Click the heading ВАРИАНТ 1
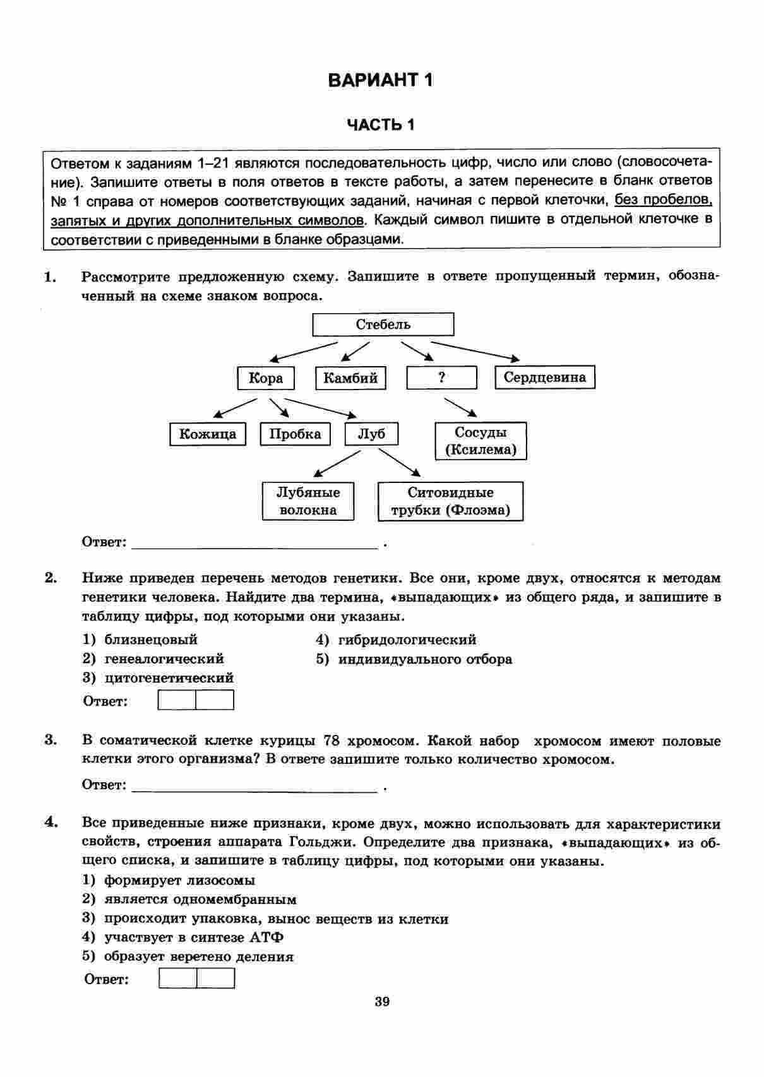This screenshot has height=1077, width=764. coord(381,80)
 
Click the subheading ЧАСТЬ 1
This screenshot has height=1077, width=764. coord(381,124)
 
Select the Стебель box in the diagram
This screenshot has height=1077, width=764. coord(383,324)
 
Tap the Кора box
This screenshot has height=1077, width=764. coord(266,378)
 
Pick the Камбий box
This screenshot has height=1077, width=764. coord(350,378)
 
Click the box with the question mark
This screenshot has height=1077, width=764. coord(441,378)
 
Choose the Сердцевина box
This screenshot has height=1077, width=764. coord(545,378)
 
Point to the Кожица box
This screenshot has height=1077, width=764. coord(208,434)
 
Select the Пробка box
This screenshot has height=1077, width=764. coord(295,434)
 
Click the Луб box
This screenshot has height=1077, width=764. coord(371,434)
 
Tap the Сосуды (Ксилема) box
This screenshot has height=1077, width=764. coord(480,441)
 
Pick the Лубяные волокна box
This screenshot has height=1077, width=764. coord(308,501)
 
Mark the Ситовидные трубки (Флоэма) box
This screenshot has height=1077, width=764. coord(450,501)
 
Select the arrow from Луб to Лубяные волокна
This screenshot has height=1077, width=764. coord(337,463)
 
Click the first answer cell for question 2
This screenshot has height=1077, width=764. coord(177,700)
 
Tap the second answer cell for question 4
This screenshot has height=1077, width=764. coord(216,979)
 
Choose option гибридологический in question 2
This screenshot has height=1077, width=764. coord(407,640)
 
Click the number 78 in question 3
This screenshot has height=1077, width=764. coord(332,741)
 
